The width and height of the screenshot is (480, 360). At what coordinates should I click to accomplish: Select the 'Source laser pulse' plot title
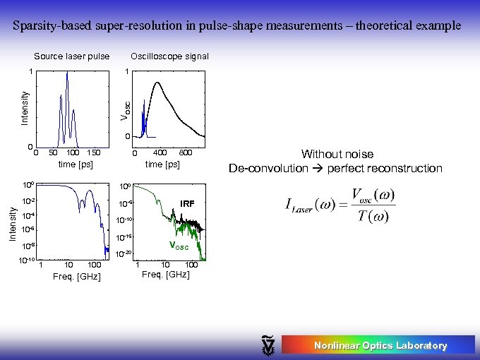coord(72,56)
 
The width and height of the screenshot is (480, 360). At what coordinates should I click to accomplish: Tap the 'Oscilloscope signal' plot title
coord(169,56)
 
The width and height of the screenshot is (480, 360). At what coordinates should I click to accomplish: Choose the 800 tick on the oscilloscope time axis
coord(186,152)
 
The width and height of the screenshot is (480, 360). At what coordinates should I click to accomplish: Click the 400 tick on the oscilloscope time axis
coord(160,152)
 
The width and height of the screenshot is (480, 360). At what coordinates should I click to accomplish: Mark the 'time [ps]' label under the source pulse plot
coord(75,164)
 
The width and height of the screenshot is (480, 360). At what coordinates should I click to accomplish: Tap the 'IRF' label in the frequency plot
coord(187,203)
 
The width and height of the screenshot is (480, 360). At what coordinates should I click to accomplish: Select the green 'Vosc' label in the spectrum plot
coord(178,246)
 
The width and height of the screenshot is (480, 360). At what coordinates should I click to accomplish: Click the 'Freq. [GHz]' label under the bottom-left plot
coord(77,276)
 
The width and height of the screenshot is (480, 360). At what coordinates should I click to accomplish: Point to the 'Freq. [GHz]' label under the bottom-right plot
coord(166,274)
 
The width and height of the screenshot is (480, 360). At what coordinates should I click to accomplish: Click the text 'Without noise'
coord(337,154)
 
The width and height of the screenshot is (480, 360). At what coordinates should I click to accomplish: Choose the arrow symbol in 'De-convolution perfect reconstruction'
coord(318,168)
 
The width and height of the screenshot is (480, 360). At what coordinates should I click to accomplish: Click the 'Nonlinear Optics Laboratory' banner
coord(380,345)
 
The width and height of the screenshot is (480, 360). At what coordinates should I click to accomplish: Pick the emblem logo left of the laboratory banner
coord(268,344)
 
